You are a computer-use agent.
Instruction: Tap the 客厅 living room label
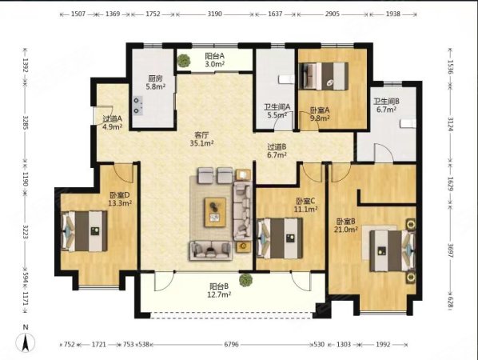(x=201, y=135)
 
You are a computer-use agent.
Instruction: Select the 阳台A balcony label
(x=214, y=56)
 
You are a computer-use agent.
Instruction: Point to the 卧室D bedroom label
(x=120, y=194)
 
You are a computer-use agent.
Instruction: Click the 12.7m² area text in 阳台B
(x=220, y=294)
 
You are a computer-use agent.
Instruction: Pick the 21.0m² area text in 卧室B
(x=345, y=229)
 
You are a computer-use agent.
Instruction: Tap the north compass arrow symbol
(x=26, y=342)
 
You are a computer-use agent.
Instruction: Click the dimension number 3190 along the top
(x=214, y=14)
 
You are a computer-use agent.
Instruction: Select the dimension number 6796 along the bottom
(x=231, y=345)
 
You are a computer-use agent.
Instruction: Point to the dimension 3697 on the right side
(x=451, y=250)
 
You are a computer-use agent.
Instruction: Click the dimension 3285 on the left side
(x=26, y=122)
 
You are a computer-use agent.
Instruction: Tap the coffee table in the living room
(x=216, y=212)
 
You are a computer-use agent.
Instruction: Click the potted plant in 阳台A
(x=184, y=60)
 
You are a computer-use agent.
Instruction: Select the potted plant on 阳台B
(x=245, y=280)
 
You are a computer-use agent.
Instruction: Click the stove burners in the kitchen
(x=138, y=106)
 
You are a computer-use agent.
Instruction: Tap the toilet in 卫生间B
(x=408, y=123)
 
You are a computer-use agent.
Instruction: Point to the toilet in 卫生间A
(x=286, y=80)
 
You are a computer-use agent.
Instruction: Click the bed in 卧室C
(x=280, y=238)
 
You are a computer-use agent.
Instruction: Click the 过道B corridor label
(x=277, y=147)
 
